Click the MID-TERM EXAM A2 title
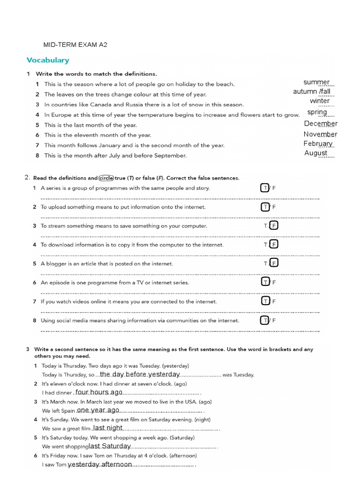[x=75, y=45]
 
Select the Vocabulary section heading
[x=48, y=60]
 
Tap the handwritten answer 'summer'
[x=316, y=82]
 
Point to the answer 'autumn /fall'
[x=312, y=91]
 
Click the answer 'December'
[x=321, y=124]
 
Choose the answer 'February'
[x=318, y=144]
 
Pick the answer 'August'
[x=316, y=153]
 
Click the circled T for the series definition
[x=265, y=188]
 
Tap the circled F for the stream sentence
[x=274, y=225]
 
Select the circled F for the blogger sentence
[x=274, y=263]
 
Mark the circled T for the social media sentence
[x=265, y=320]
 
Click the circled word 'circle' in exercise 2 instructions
[x=106, y=178]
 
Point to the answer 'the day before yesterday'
[x=140, y=374]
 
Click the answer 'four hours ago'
[x=99, y=392]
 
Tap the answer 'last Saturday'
[x=110, y=446]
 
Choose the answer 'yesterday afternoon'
[x=100, y=465]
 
